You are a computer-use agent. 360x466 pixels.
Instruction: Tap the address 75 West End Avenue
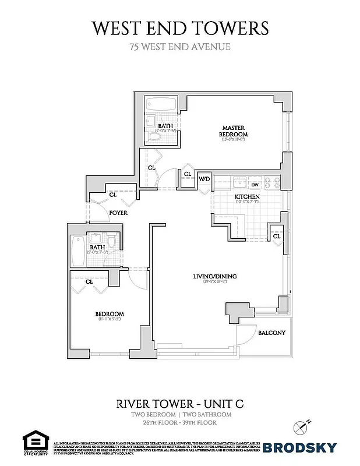[180, 47]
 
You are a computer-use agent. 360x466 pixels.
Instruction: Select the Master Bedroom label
[232, 130]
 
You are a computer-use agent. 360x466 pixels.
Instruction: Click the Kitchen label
[247, 197]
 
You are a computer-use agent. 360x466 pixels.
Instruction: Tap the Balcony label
[271, 333]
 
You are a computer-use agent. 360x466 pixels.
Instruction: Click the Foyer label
[118, 213]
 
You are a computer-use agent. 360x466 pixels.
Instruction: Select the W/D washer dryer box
[204, 179]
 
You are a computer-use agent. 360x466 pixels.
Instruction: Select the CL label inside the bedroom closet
[89, 282]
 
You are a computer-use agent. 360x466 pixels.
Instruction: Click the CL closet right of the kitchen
[277, 236]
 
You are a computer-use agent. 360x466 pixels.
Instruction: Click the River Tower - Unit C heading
[181, 403]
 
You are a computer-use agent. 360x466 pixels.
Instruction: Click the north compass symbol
[302, 426]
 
